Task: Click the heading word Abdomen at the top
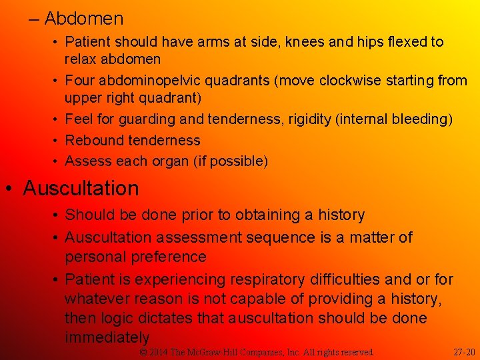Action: point(84,18)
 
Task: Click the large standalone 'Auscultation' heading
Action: point(81,189)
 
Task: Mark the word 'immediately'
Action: point(107,338)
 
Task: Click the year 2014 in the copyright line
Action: point(159,352)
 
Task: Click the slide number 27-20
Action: point(464,352)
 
